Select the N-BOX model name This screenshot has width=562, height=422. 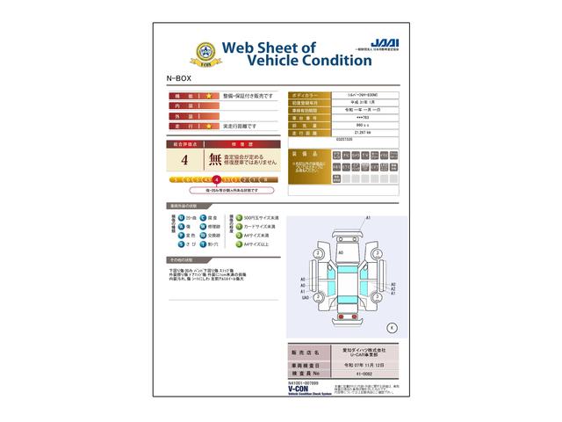tap(177, 78)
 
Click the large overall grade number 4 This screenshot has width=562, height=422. tap(184, 161)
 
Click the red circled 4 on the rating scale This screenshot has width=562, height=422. tap(217, 178)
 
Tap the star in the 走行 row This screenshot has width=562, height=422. tap(209, 126)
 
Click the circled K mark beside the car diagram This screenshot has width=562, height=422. tap(392, 326)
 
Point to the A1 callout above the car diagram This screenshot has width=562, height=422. tap(368, 217)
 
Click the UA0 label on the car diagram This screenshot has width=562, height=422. tap(304, 298)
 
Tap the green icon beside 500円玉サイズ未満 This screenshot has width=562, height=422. tap(237, 217)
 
